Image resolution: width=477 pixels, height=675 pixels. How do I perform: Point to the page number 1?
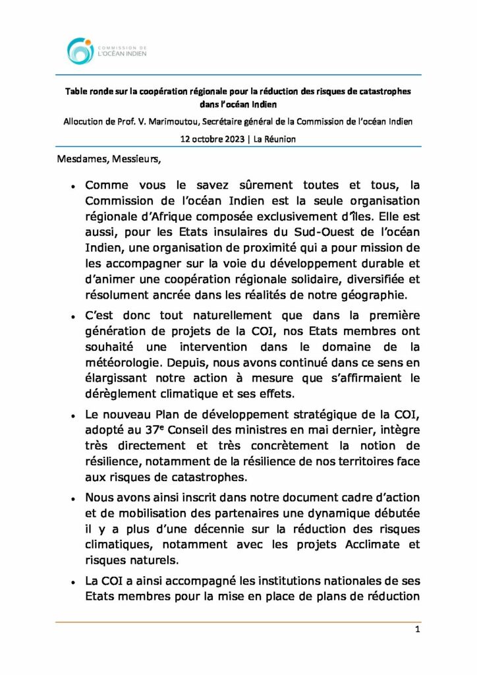(417, 630)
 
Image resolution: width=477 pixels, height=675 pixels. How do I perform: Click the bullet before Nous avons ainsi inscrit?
(74, 498)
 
